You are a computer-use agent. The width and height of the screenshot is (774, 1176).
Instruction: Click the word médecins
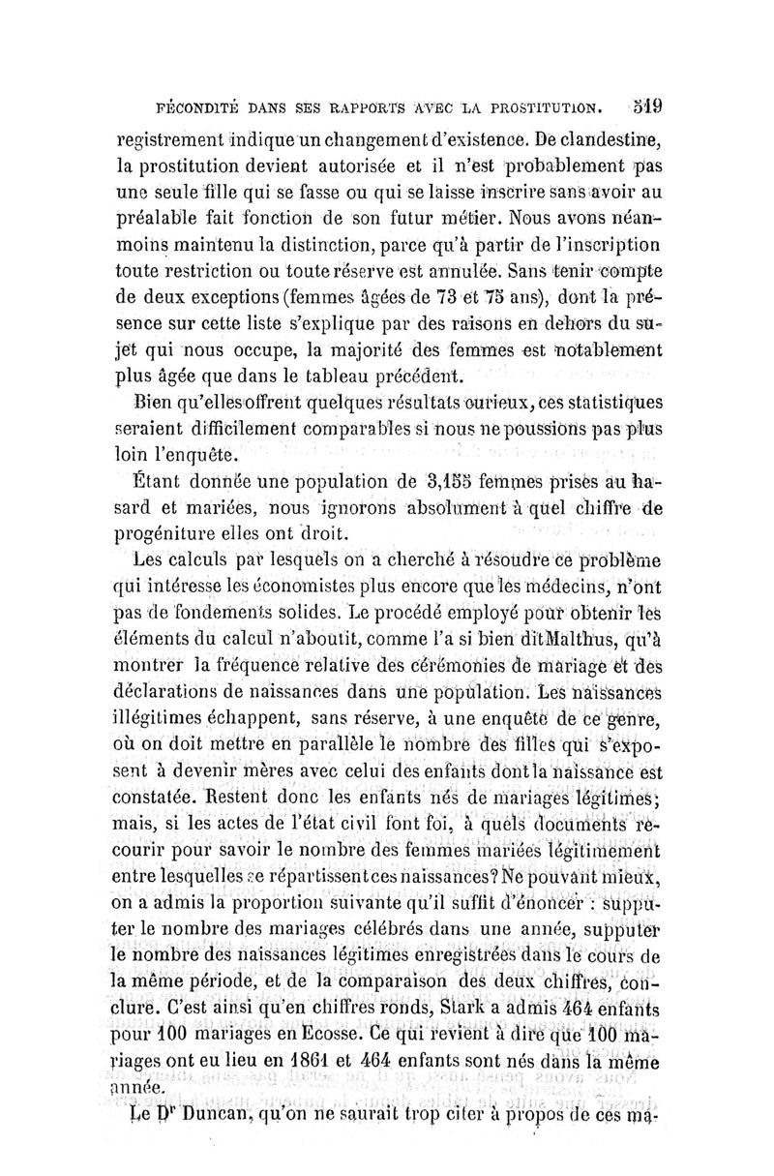pyautogui.click(x=548, y=584)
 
